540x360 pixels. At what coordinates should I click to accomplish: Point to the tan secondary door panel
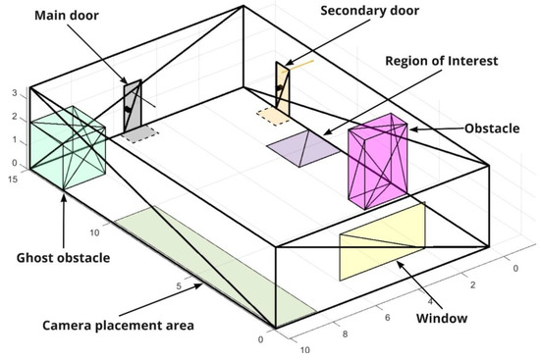[282, 85]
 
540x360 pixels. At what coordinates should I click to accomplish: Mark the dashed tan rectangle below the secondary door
[273, 116]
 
